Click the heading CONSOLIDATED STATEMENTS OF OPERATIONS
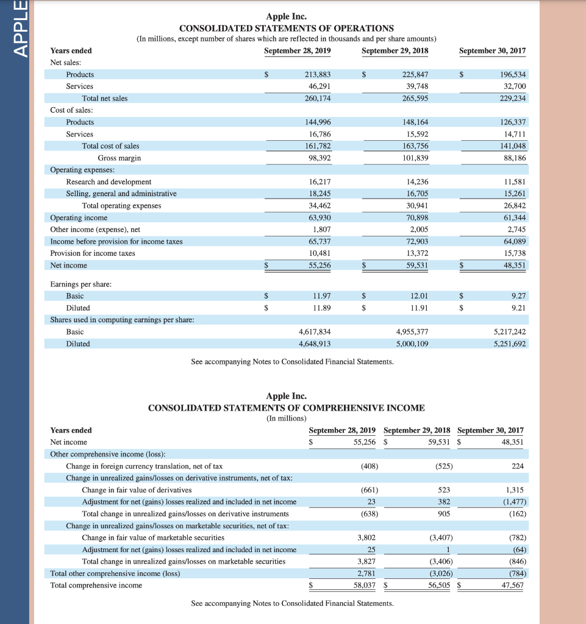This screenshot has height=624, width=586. (286, 29)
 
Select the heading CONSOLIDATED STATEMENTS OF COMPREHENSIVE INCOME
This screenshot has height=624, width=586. (286, 408)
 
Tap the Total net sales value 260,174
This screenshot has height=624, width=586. (318, 98)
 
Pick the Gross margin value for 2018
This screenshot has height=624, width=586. (415, 158)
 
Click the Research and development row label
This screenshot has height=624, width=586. (109, 182)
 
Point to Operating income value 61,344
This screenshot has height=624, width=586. (512, 218)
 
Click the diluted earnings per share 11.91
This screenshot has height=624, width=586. (419, 308)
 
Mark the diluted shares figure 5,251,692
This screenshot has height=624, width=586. (509, 344)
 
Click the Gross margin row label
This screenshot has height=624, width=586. (119, 158)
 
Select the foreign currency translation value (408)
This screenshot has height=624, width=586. (368, 466)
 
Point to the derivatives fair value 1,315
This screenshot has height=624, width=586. (515, 490)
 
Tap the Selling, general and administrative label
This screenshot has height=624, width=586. (121, 194)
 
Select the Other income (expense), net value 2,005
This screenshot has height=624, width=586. (418, 230)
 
